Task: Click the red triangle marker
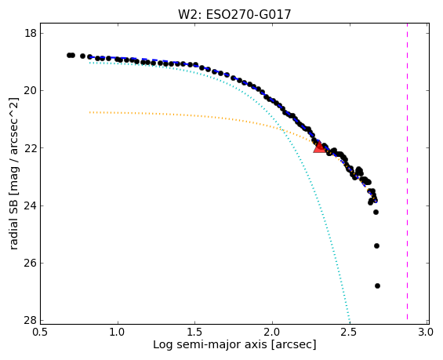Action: tap(319, 147)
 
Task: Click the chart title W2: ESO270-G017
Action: tap(234, 14)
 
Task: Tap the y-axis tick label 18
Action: tap(31, 34)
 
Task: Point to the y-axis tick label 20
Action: tap(31, 91)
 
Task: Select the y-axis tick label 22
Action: tap(31, 148)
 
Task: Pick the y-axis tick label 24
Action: tap(31, 205)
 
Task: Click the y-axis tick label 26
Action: tap(31, 263)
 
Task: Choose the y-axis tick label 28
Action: tap(31, 321)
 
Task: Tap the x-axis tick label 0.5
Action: tap(40, 332)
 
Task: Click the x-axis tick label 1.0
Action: tap(118, 332)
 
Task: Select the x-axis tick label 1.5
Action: tap(195, 332)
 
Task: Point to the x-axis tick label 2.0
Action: tap(272, 332)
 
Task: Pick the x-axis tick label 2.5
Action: tap(350, 332)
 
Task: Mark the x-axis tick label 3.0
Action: tap(425, 332)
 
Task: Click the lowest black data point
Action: tap(377, 286)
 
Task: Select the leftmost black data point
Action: tap(69, 56)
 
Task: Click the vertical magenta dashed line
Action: tap(408, 172)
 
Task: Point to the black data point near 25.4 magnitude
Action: tap(376, 245)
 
